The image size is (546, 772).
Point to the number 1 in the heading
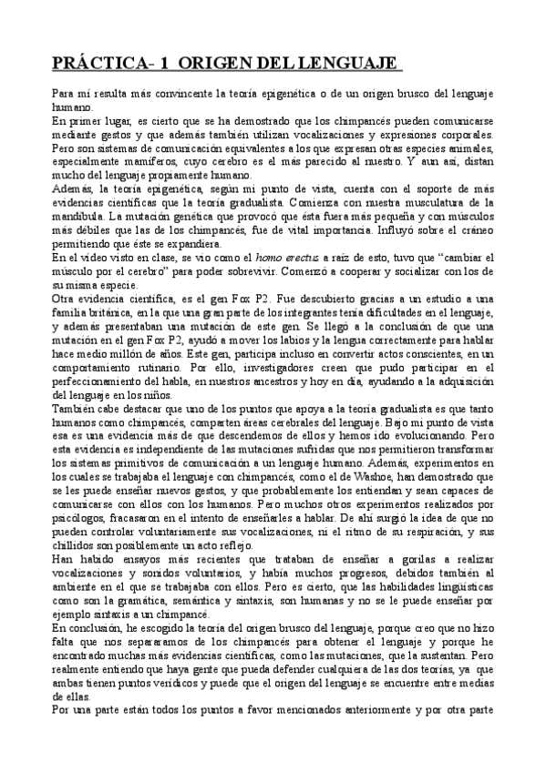point(166,65)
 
